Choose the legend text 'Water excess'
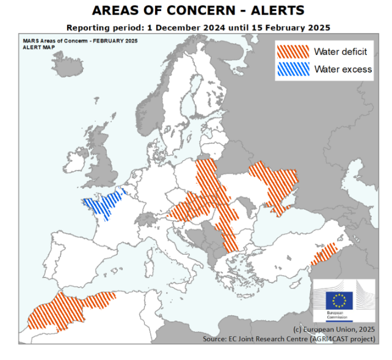(x=343, y=69)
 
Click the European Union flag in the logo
(x=339, y=300)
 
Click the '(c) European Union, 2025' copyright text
(x=334, y=329)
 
